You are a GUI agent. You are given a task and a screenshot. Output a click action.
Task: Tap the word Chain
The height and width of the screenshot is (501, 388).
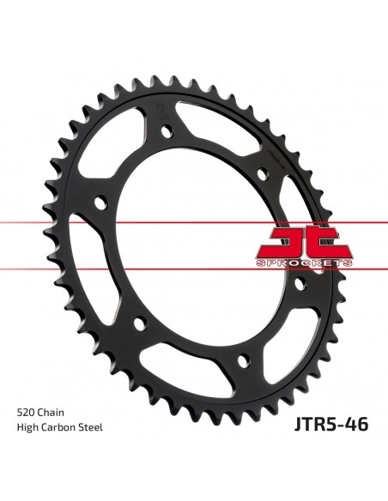pyautogui.click(x=51, y=413)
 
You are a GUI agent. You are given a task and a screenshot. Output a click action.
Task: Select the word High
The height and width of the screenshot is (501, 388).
pyautogui.click(x=27, y=427)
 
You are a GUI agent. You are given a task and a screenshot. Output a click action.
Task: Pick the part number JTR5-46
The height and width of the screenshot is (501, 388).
pyautogui.click(x=331, y=425)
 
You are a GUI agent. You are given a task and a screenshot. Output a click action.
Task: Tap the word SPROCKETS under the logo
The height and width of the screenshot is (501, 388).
pyautogui.click(x=305, y=263)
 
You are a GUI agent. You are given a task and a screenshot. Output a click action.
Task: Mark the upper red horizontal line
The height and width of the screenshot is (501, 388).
pyautogui.click(x=194, y=222)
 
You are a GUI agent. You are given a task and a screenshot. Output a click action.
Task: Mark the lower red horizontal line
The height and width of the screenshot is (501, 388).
pyautogui.click(x=194, y=269)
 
